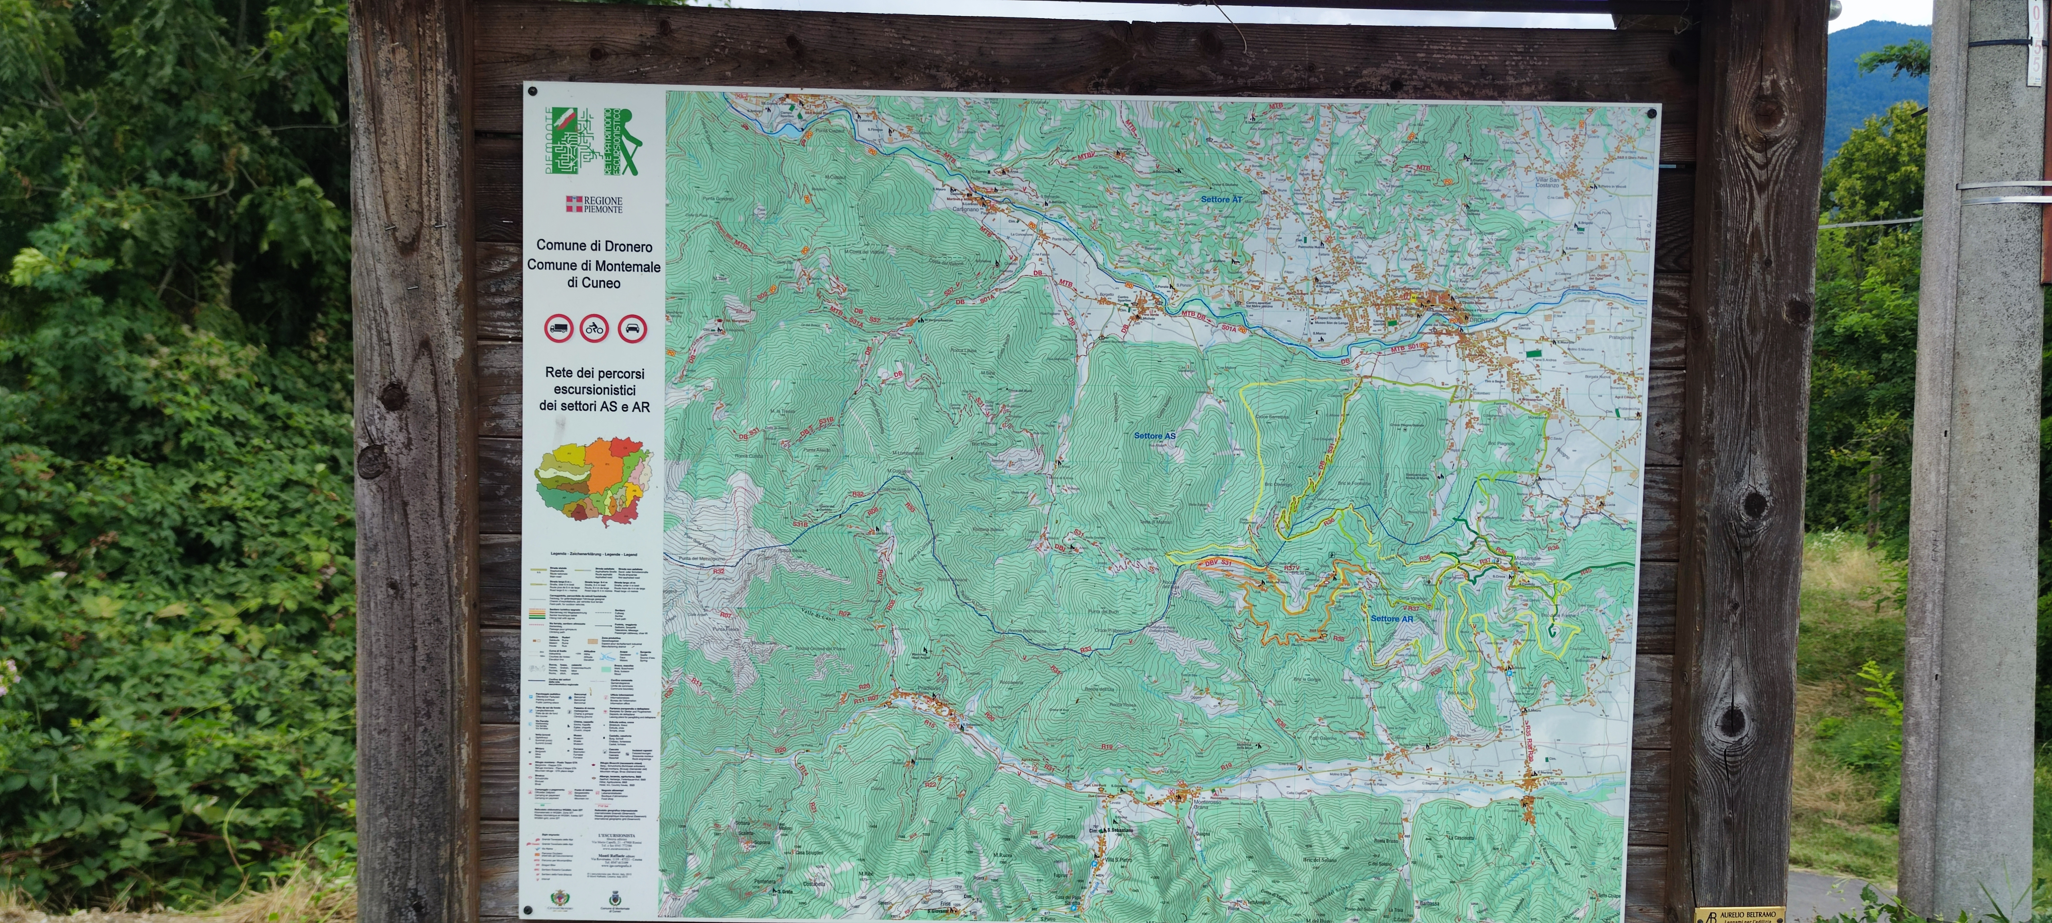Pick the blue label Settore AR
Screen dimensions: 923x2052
[1392, 619]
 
